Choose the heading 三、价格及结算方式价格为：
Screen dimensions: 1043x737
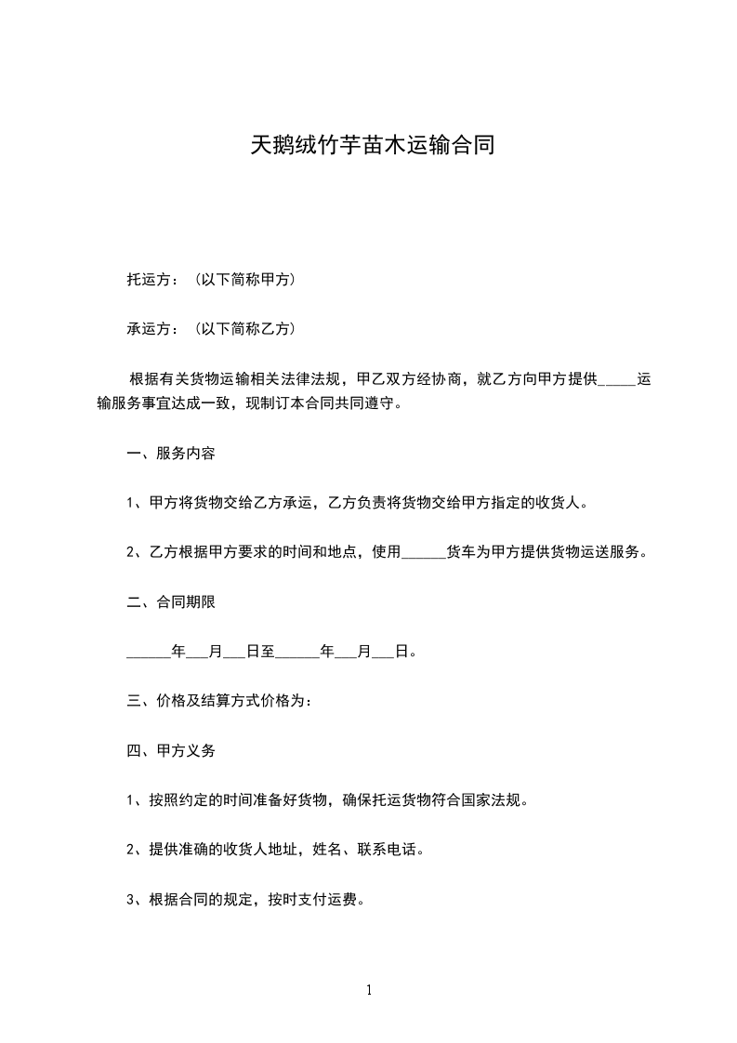[x=219, y=700]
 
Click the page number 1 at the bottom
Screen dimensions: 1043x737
[x=369, y=990]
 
